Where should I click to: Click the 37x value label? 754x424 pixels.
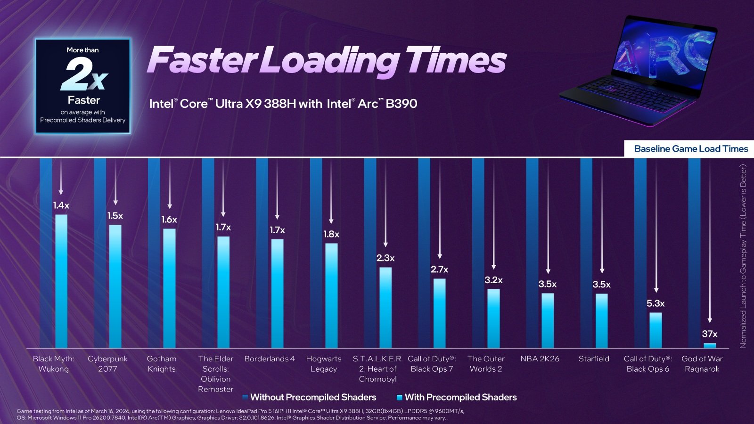(709, 334)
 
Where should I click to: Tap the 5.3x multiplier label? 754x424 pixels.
(656, 303)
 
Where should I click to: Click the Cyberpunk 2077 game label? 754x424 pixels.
(107, 364)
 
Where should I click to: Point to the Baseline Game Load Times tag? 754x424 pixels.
(691, 149)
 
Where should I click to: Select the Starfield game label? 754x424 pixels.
(594, 359)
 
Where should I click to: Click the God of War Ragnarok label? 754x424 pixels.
(702, 364)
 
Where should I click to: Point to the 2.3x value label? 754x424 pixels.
(385, 258)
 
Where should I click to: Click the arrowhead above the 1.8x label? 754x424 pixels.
(331, 221)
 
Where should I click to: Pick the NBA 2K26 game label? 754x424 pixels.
(540, 359)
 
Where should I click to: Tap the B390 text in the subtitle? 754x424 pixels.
(401, 104)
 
